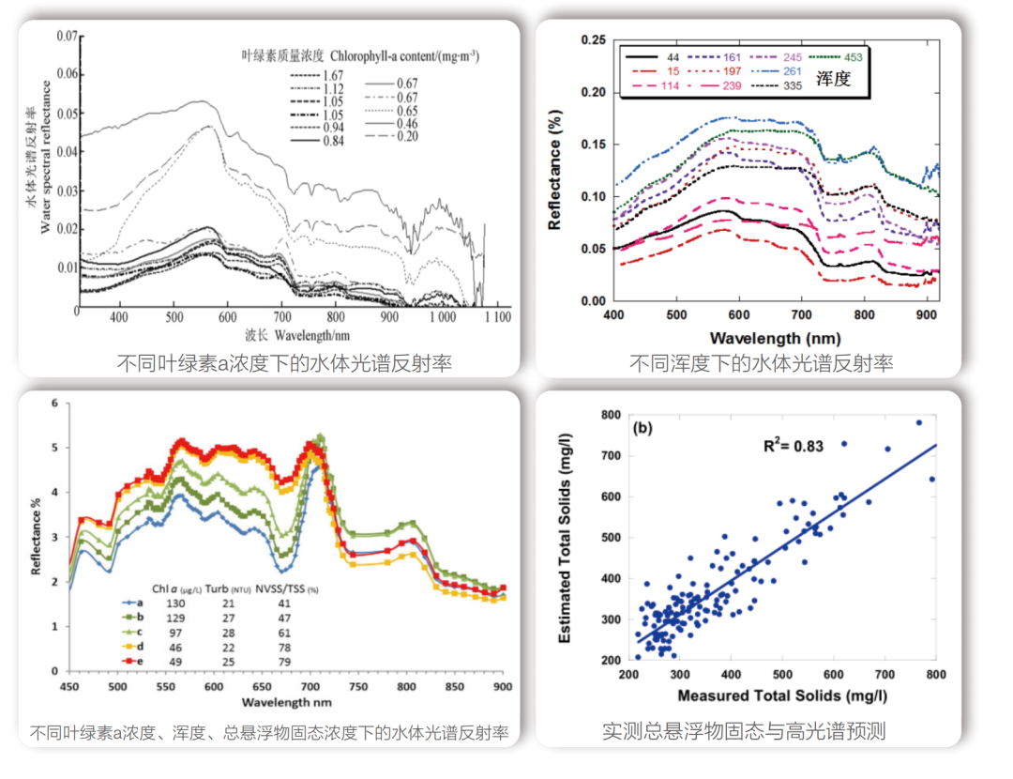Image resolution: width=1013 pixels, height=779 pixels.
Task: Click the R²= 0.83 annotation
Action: pyautogui.click(x=792, y=446)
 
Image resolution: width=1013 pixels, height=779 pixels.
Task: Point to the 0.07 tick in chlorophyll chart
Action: pyautogui.click(x=65, y=37)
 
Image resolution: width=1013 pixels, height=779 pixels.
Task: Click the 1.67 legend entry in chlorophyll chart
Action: pyautogui.click(x=331, y=75)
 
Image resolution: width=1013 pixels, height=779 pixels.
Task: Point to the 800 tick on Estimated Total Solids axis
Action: pyautogui.click(x=612, y=414)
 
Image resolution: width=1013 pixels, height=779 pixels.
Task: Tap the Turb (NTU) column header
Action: pyautogui.click(x=226, y=588)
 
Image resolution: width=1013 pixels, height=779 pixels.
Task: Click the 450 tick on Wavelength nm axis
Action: pyautogui.click(x=69, y=686)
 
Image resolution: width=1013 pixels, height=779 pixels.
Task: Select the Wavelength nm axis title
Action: pyautogui.click(x=285, y=701)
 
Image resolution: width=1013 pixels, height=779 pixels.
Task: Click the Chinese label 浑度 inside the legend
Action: pyautogui.click(x=833, y=79)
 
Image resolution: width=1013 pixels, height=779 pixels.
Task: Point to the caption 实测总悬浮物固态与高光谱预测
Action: pyautogui.click(x=744, y=731)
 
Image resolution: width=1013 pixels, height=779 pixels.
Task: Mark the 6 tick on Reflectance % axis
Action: pyautogui.click(x=54, y=403)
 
